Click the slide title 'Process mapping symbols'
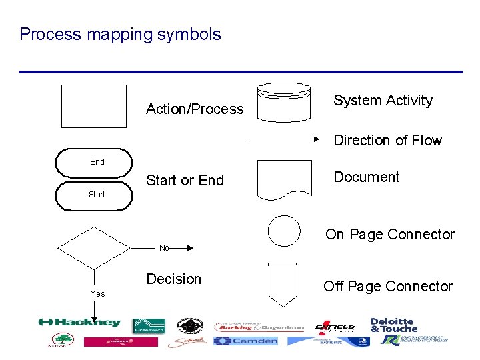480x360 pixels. (120, 34)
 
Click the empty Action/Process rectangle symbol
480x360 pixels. (94, 106)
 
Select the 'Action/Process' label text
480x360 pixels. (195, 109)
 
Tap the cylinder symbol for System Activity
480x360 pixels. (284, 102)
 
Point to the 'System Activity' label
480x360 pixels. (383, 101)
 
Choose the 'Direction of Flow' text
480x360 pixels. (387, 141)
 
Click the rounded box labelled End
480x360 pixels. (95, 162)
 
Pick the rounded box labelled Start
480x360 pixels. (95, 195)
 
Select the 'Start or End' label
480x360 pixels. (185, 181)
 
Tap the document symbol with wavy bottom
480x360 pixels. (284, 179)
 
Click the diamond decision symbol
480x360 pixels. (93, 248)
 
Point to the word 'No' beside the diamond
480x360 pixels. (164, 248)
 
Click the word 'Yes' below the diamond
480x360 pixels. (98, 293)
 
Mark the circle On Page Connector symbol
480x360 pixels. (284, 231)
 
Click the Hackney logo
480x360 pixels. (79, 323)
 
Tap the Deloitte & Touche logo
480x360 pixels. (393, 325)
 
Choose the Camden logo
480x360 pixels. (245, 341)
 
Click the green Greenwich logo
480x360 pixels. (149, 326)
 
